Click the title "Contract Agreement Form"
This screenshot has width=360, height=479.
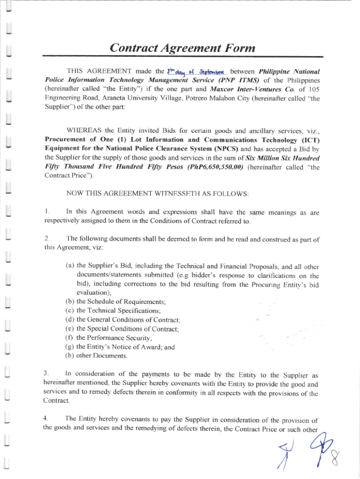182,48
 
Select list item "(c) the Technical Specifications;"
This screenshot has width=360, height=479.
114,311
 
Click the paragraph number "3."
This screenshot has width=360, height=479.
46,374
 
